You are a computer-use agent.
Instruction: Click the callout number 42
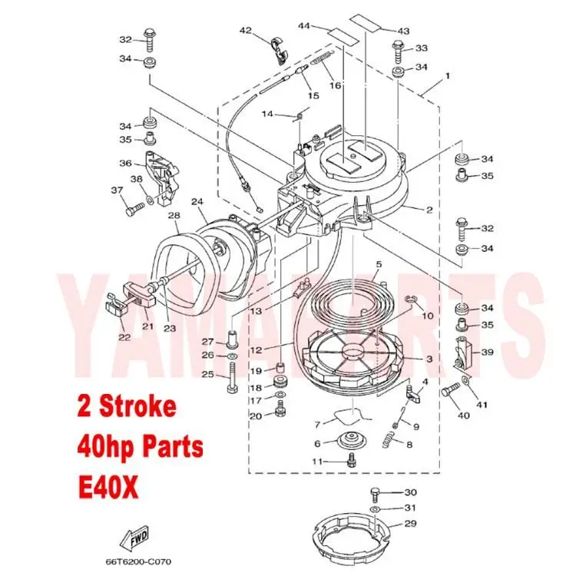point(245,31)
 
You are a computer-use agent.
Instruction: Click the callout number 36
point(125,162)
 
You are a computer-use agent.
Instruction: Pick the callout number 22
point(124,336)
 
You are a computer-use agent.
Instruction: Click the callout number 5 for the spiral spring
point(378,265)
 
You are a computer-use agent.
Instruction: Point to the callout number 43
point(402,31)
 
